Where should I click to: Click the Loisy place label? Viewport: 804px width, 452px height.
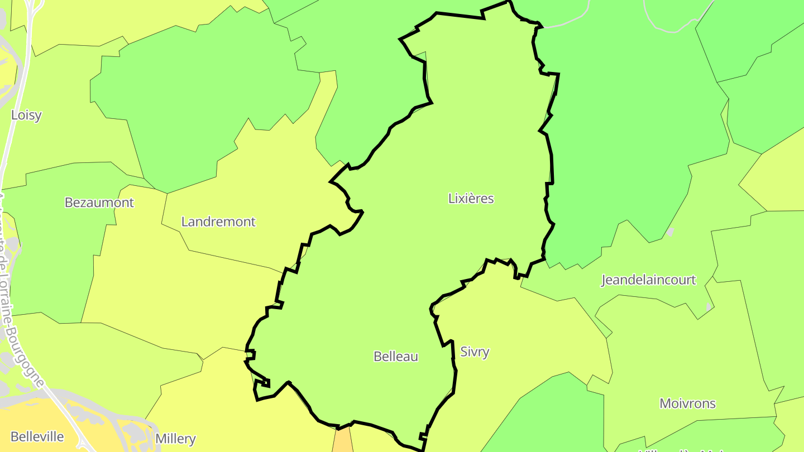pyautogui.click(x=26, y=116)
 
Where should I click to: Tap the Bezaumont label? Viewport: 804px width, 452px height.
pyautogui.click(x=99, y=203)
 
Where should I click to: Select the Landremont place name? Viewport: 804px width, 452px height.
pyautogui.click(x=218, y=222)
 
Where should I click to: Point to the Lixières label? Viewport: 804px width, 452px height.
pyautogui.click(x=471, y=199)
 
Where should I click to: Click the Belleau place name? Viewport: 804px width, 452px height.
pyautogui.click(x=396, y=357)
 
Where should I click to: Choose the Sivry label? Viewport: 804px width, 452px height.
pyautogui.click(x=475, y=352)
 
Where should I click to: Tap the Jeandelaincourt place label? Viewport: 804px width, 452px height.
pyautogui.click(x=648, y=280)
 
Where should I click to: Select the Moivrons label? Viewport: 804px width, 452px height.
pyautogui.click(x=687, y=403)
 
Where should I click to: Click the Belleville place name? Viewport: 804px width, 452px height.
pyautogui.click(x=37, y=437)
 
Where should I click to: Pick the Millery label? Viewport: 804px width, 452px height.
pyautogui.click(x=175, y=439)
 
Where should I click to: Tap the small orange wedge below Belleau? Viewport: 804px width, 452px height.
pyautogui.click(x=343, y=441)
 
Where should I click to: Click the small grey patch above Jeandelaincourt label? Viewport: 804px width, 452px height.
pyautogui.click(x=670, y=232)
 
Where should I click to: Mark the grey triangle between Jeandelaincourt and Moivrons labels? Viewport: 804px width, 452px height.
pyautogui.click(x=709, y=307)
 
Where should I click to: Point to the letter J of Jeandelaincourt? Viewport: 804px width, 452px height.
pyautogui.click(x=604, y=280)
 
